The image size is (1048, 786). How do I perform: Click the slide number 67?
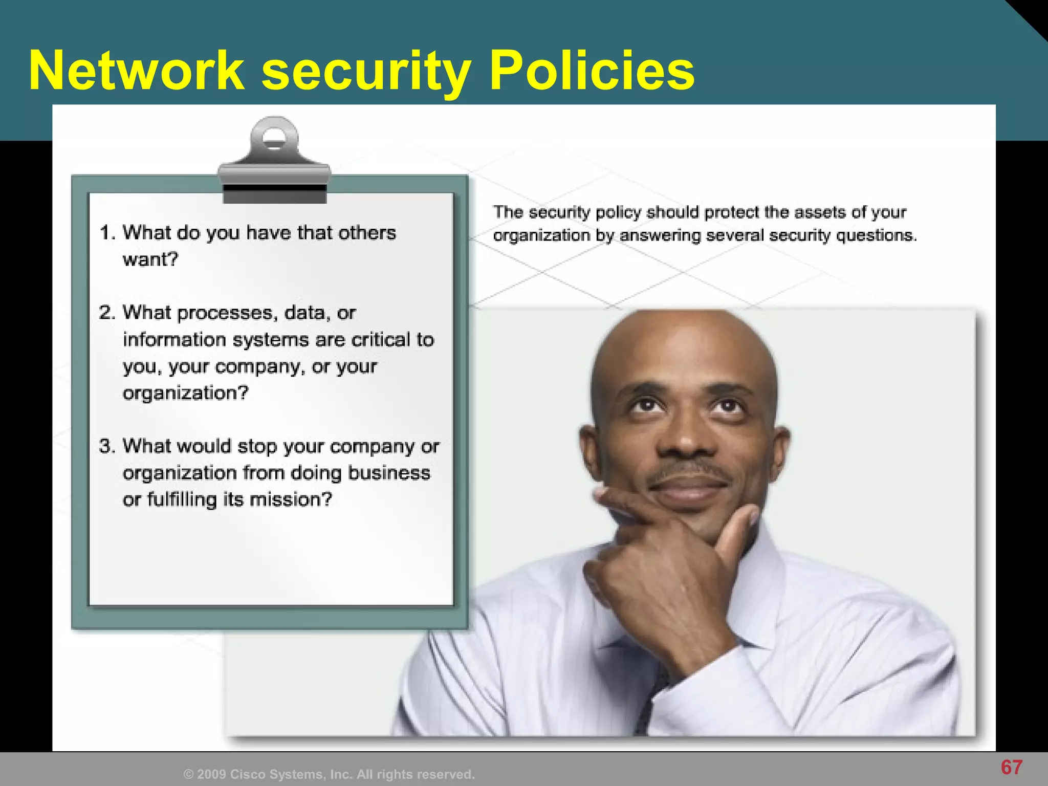pyautogui.click(x=1012, y=767)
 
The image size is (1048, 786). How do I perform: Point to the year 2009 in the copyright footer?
pyautogui.click(x=211, y=774)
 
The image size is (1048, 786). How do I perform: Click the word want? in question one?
pyautogui.click(x=150, y=259)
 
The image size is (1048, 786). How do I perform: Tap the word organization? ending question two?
pyautogui.click(x=185, y=393)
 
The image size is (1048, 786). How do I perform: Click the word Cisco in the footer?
pyautogui.click(x=248, y=774)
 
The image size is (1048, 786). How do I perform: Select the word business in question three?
pyautogui.click(x=389, y=473)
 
